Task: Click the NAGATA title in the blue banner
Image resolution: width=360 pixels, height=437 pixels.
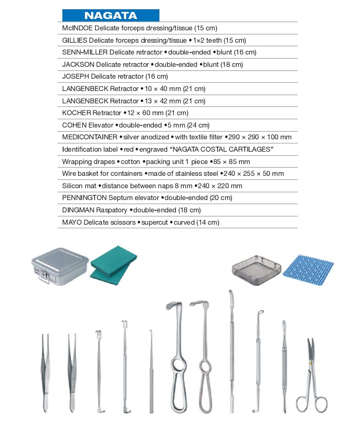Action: tap(110, 15)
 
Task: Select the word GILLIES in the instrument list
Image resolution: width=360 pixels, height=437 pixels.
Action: tap(75, 40)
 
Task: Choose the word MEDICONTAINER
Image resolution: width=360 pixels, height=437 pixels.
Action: tap(89, 137)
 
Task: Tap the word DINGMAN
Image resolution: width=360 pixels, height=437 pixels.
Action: tap(78, 210)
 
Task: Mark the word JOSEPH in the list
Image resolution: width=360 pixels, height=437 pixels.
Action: tap(75, 77)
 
